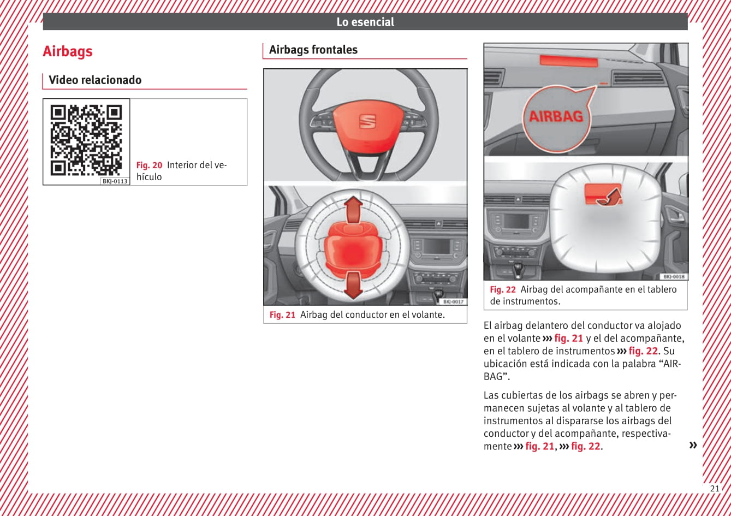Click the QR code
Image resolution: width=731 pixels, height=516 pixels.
(86, 140)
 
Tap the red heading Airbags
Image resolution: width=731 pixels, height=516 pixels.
(68, 51)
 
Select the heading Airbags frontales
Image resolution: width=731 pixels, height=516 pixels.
(313, 50)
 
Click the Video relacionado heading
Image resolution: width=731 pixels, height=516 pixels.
(95, 80)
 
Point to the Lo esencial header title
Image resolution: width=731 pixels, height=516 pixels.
(365, 22)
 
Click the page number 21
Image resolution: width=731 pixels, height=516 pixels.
(715, 489)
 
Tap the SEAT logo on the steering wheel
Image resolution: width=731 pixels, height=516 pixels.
(367, 122)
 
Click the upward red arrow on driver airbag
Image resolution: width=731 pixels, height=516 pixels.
(353, 210)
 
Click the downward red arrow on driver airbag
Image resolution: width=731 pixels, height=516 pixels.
(353, 285)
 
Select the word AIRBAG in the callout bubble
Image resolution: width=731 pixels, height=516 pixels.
(556, 116)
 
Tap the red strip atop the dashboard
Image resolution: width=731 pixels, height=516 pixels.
(568, 61)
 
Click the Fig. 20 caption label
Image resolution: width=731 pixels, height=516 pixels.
(149, 165)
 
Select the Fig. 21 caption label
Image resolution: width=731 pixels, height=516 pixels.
(282, 315)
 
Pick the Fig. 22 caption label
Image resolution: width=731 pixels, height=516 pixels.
(503, 289)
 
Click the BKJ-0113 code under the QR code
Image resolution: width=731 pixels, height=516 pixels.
(115, 181)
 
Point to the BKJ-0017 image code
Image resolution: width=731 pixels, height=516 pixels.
(453, 301)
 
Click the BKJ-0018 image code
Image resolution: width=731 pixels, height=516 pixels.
(674, 276)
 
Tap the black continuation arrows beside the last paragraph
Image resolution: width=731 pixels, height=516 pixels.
(693, 445)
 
